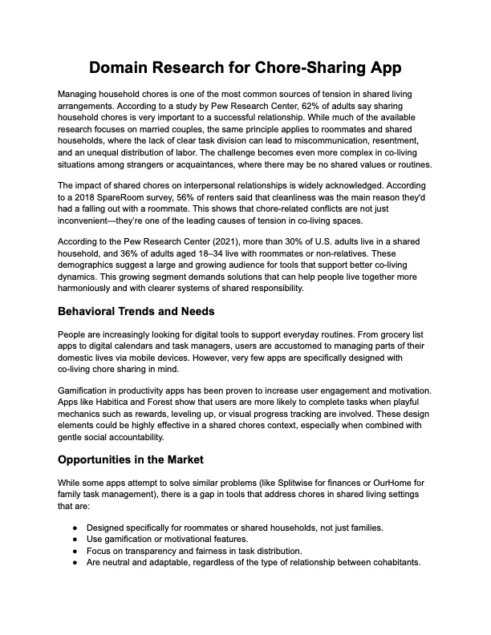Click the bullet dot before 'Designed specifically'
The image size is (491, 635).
point(75,528)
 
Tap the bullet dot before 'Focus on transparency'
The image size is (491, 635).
point(75,550)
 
